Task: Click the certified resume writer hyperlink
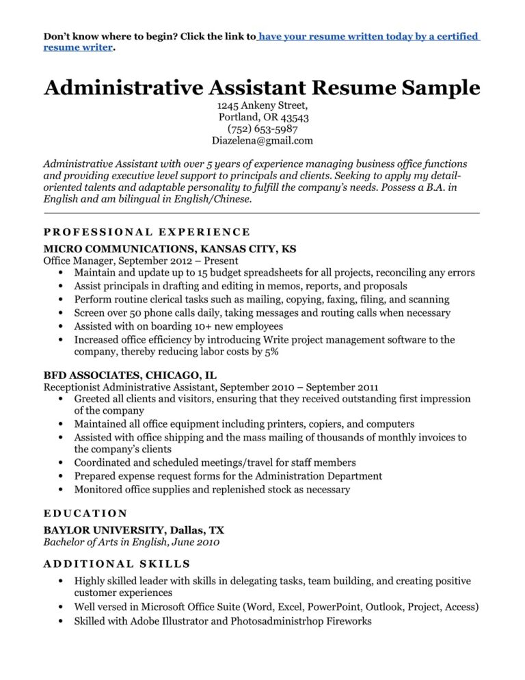pos(369,36)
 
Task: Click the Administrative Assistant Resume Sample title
pos(262,88)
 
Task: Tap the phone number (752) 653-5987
pos(262,129)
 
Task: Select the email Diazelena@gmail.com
pos(262,141)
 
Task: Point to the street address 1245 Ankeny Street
pos(262,105)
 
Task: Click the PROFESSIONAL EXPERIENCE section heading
pos(146,232)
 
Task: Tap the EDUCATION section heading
pos(85,512)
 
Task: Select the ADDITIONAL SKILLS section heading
pos(117,564)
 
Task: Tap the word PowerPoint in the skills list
pos(334,607)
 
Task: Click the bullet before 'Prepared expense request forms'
pos(62,476)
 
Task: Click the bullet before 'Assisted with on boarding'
pos(62,326)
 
